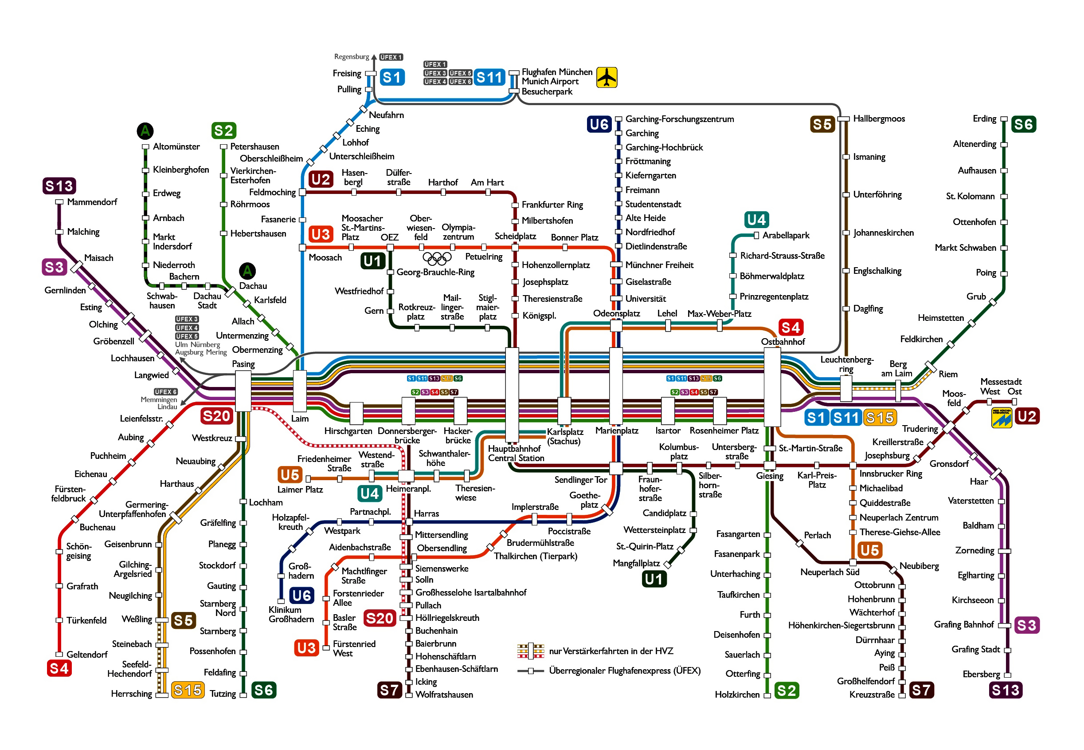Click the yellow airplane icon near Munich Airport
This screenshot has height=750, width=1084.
(607, 77)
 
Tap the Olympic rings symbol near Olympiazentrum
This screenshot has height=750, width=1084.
(437, 257)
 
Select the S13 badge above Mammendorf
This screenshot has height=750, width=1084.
(59, 186)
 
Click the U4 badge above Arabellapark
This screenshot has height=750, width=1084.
(756, 220)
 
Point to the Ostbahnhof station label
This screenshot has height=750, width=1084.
(783, 342)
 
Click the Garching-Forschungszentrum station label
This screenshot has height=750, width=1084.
(679, 119)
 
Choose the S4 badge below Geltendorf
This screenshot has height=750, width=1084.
(59, 668)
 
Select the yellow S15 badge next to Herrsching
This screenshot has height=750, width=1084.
(188, 690)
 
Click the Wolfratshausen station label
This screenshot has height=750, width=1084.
(444, 695)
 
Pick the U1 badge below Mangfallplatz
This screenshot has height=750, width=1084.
(654, 579)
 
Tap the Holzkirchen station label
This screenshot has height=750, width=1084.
(736, 695)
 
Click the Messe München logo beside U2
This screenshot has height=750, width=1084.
(1002, 417)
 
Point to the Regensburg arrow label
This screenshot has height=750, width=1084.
(352, 56)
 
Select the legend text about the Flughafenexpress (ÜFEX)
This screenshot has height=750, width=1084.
(624, 671)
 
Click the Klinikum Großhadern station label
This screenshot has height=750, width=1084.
(291, 614)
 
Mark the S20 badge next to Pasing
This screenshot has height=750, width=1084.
(216, 416)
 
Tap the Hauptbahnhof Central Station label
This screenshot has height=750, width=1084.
(516, 454)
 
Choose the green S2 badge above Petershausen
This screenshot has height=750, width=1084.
(223, 130)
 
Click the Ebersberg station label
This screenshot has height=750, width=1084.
(981, 674)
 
